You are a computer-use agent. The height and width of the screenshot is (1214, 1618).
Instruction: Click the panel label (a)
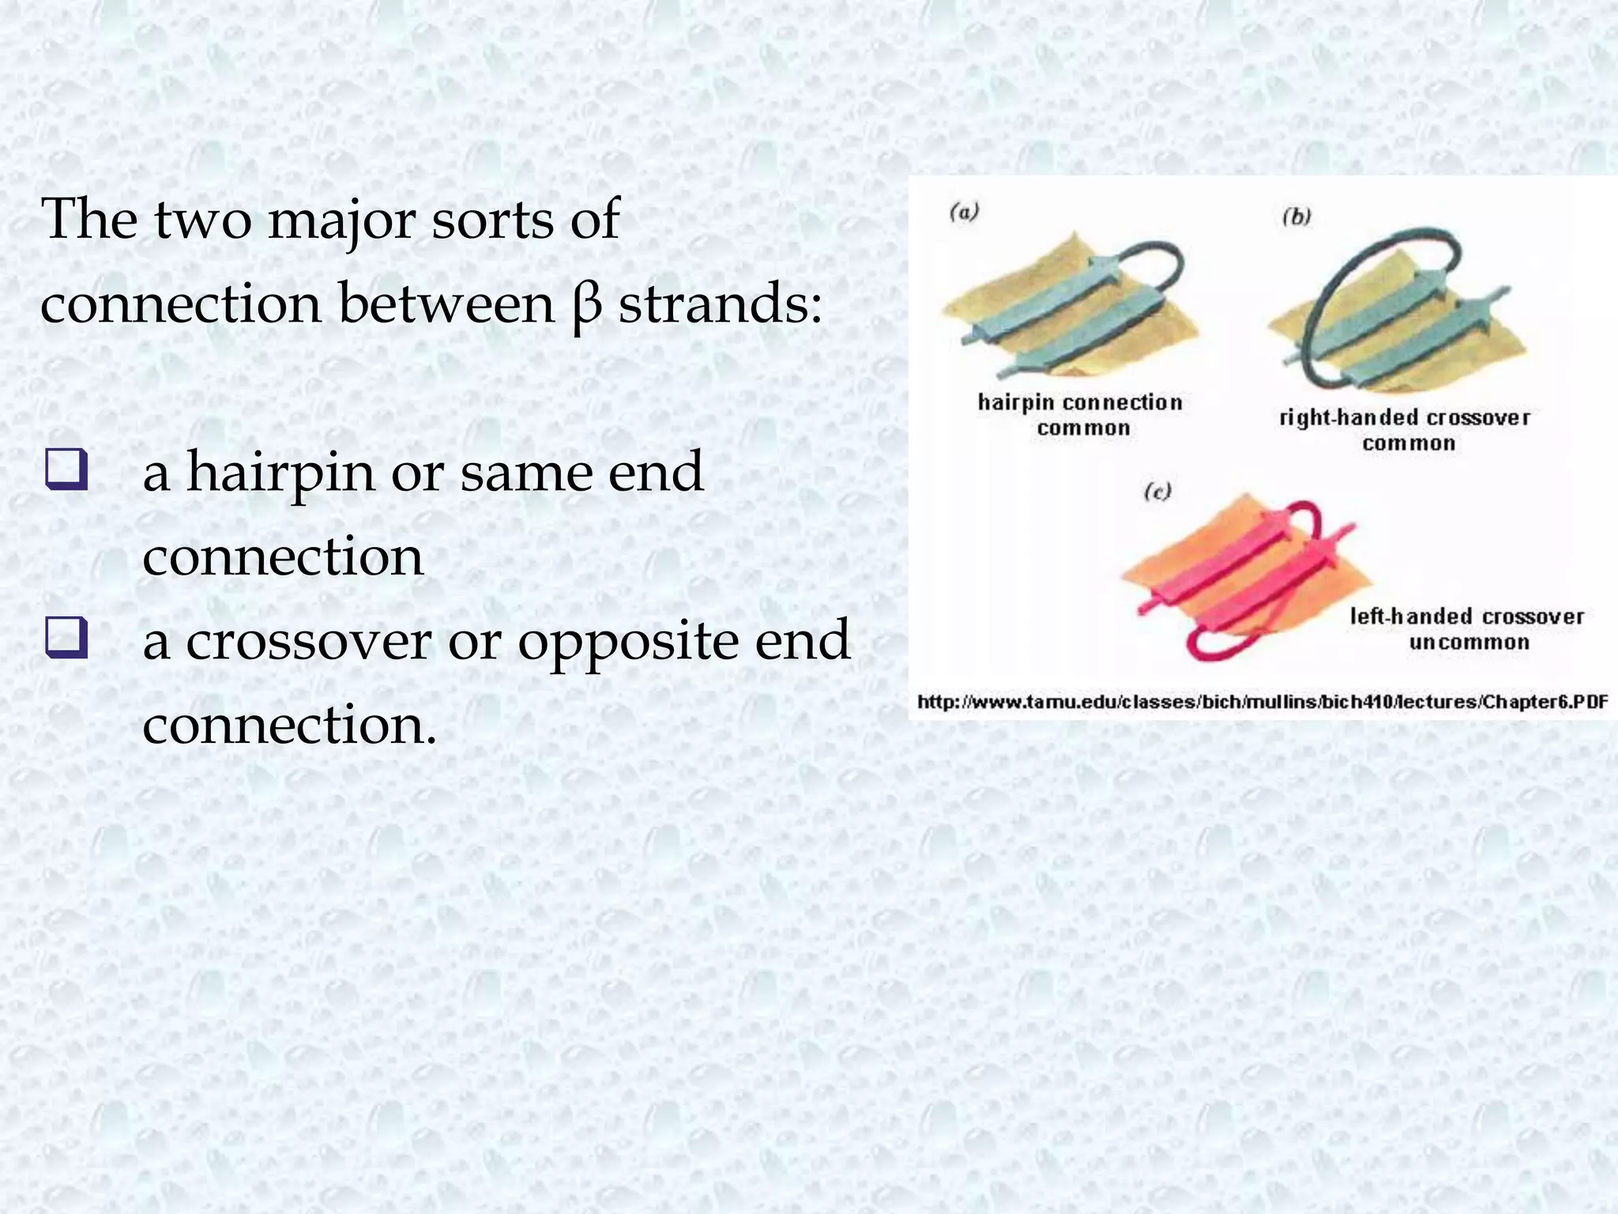point(964,213)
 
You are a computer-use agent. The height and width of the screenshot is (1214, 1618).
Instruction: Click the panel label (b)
point(1296,217)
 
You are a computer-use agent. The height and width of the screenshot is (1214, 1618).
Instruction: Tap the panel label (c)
point(1157,492)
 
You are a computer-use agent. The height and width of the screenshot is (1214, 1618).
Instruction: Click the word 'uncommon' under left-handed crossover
point(1469,642)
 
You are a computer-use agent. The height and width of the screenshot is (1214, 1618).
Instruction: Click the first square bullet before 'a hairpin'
point(66,472)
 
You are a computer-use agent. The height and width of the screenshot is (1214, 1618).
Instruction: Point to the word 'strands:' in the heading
point(720,303)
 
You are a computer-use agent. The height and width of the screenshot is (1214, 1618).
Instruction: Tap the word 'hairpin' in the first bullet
point(280,473)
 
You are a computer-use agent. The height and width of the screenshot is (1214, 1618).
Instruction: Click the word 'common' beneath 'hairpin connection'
point(1083,428)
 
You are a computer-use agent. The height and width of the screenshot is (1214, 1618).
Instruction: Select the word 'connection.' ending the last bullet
point(289,726)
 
